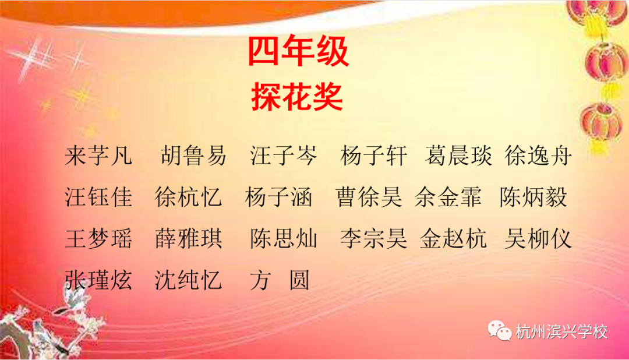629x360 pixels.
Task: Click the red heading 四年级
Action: (x=299, y=52)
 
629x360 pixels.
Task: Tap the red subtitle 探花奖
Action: (x=297, y=97)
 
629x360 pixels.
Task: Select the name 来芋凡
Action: (x=99, y=156)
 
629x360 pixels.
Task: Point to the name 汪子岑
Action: (x=284, y=156)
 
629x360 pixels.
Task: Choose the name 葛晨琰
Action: (x=459, y=156)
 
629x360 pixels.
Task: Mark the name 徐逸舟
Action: (x=539, y=156)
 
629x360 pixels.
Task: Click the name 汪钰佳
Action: (x=99, y=198)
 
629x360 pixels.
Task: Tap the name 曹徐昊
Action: (x=369, y=198)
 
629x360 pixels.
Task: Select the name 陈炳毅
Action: (x=533, y=198)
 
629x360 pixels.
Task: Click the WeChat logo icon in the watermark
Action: (x=499, y=332)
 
